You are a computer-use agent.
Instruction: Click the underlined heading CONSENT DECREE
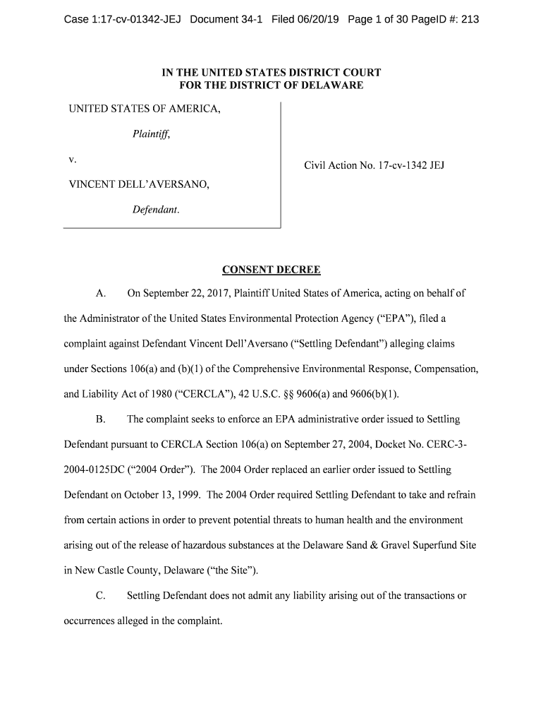point(271,270)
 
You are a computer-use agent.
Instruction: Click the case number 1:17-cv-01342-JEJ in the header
point(122,19)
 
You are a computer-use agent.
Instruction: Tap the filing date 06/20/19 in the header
point(317,19)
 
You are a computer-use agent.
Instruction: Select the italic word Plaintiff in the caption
point(151,135)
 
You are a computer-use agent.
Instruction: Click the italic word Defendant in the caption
point(155,210)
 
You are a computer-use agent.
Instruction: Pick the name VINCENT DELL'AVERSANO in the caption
point(138,185)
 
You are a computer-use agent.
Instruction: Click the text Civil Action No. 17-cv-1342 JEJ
point(374,166)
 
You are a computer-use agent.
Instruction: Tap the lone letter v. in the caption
point(72,160)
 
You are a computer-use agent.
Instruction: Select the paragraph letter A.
point(100,293)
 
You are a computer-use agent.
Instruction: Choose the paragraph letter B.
point(100,419)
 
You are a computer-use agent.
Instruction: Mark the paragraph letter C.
point(100,596)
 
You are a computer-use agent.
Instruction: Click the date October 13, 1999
point(161,495)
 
